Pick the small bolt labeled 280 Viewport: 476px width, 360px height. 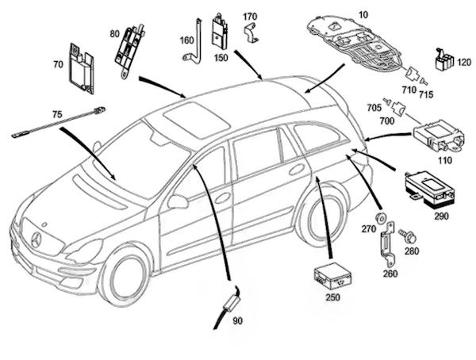pyautogui.click(x=409, y=236)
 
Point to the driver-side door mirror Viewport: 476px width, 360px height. pyautogui.click(x=178, y=202)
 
